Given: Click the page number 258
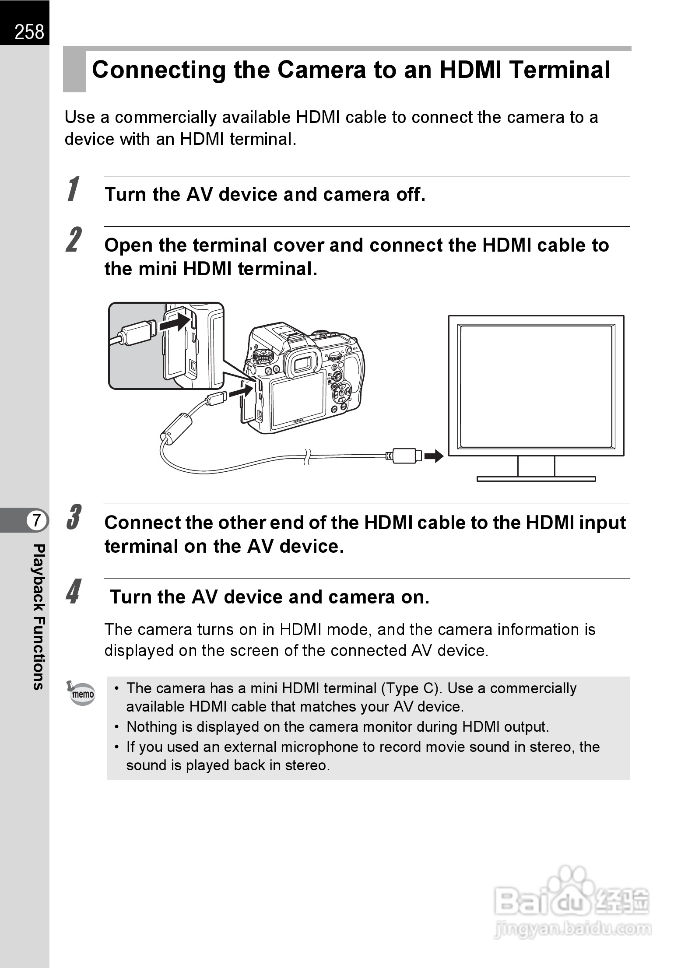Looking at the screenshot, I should click(29, 32).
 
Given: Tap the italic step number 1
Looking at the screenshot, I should click(74, 189).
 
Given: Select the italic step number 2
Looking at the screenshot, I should click(74, 240).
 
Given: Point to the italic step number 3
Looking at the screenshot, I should click(74, 518).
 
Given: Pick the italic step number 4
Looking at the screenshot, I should click(74, 592).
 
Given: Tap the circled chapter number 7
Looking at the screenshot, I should click(37, 521).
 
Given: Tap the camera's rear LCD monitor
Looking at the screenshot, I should click(298, 399).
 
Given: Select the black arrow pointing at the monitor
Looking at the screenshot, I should click(434, 456).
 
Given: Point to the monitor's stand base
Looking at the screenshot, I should click(536, 479).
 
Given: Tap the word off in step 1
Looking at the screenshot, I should click(410, 194).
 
